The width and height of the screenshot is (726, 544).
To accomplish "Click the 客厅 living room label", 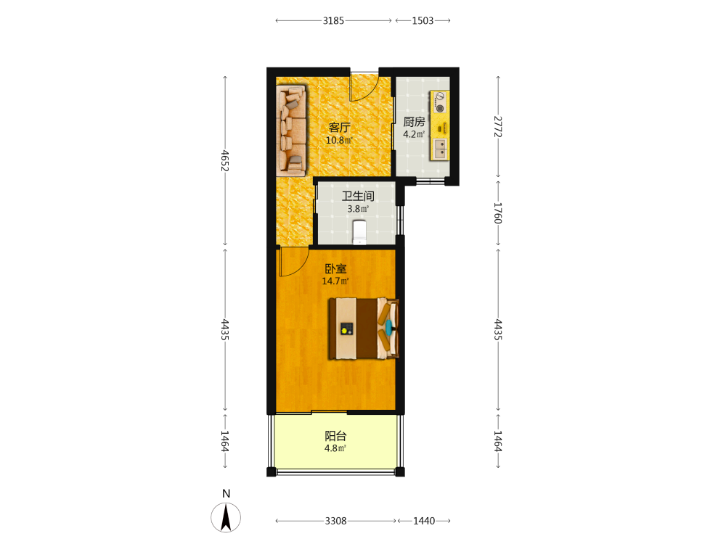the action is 339,127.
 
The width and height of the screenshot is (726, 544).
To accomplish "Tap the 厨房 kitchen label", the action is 414,122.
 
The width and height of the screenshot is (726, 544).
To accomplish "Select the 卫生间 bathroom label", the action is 358,196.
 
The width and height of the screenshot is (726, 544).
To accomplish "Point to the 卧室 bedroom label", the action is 335,269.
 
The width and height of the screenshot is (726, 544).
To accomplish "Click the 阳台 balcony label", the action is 335,436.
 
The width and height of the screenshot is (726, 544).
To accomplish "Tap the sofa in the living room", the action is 292,130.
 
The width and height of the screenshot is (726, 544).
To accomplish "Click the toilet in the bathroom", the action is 359,232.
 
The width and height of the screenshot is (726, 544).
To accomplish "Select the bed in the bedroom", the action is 364,329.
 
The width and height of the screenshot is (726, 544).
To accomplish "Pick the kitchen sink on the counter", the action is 440,149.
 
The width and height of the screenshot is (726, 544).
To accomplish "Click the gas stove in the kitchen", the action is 440,102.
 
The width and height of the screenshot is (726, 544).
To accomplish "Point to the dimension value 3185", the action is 333,20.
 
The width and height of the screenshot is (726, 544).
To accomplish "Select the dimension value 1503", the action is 423,20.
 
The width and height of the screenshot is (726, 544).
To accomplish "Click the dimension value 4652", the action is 225,160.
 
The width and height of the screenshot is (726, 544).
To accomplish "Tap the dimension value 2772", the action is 498,126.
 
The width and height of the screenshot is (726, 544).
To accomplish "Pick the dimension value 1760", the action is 498,213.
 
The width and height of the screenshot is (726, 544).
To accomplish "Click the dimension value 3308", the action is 335,521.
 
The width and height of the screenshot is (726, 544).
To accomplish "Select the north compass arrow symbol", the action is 226,517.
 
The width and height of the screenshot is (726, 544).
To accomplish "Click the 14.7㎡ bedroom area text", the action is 335,281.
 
